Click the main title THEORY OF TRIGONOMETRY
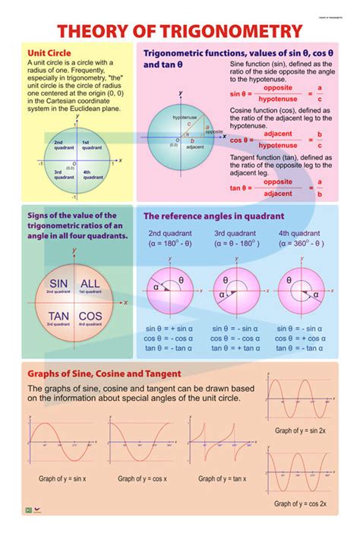[x=180, y=31]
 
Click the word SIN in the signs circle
[x=58, y=284]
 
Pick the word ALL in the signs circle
[x=90, y=284]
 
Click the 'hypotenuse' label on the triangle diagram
[x=185, y=118]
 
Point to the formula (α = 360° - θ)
[x=301, y=244]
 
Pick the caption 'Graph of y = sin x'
[x=62, y=479]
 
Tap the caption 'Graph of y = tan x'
[x=222, y=479]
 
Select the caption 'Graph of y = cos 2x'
[x=301, y=503]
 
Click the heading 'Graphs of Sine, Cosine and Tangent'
[x=104, y=374]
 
